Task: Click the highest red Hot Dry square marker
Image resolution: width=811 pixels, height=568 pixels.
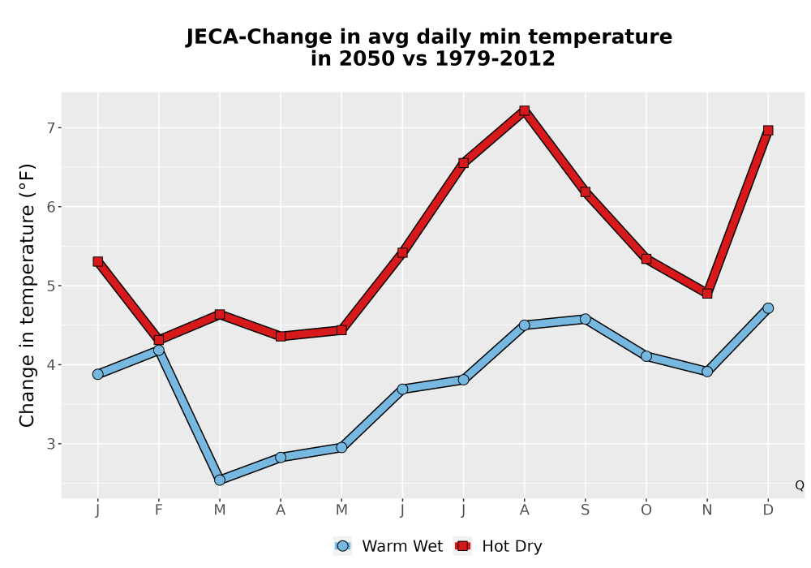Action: click(x=525, y=110)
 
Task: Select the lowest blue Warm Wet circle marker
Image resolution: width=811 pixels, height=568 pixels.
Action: click(x=220, y=480)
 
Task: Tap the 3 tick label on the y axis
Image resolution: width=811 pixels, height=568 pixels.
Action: click(x=50, y=444)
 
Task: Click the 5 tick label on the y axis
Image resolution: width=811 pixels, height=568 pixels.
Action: click(x=50, y=286)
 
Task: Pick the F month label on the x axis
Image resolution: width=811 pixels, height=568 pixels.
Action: click(x=159, y=510)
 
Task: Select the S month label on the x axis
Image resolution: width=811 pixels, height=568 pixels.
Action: click(x=585, y=510)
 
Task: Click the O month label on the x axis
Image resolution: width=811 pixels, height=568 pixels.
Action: click(x=646, y=510)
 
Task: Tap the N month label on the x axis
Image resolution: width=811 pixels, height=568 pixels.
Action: click(x=707, y=510)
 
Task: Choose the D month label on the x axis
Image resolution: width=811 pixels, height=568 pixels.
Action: click(x=768, y=510)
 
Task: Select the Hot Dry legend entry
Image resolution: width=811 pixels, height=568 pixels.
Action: click(x=498, y=546)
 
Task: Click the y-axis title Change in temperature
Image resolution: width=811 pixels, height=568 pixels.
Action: click(x=27, y=295)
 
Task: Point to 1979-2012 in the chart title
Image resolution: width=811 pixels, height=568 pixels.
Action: click(x=495, y=58)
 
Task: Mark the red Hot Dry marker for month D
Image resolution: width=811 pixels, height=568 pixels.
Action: click(x=768, y=131)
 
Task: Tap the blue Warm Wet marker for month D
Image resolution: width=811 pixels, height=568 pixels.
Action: click(x=768, y=308)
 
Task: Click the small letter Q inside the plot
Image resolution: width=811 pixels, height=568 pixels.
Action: click(x=800, y=485)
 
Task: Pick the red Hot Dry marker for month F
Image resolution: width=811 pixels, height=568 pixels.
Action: click(x=159, y=340)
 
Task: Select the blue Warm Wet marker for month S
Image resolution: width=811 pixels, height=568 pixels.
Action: click(x=585, y=319)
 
